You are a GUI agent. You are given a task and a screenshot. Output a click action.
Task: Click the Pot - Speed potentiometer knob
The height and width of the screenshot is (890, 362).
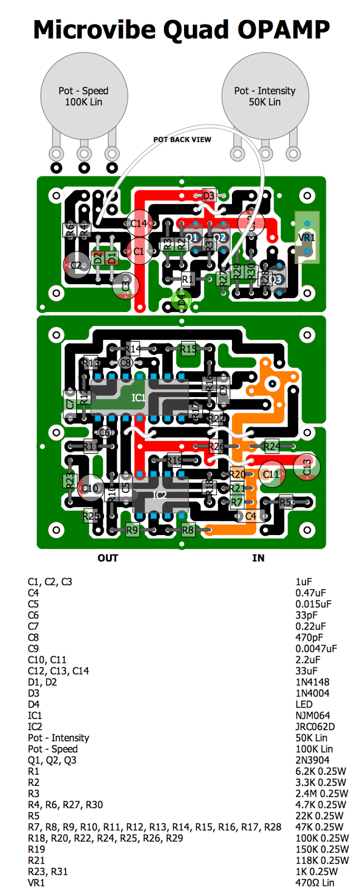(x=84, y=96)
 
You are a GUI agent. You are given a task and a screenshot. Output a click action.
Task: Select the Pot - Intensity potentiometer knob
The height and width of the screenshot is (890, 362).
(x=265, y=96)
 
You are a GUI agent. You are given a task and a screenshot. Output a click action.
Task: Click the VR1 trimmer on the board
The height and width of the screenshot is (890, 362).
(x=307, y=238)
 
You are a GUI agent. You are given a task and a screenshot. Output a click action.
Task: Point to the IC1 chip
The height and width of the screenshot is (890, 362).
(x=138, y=397)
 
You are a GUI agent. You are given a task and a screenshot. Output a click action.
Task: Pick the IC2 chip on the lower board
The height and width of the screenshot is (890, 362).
(x=160, y=495)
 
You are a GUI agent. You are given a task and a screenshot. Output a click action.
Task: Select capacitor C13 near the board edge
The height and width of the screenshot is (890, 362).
(x=307, y=466)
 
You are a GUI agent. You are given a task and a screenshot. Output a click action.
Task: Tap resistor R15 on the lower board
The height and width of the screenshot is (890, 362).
(x=188, y=349)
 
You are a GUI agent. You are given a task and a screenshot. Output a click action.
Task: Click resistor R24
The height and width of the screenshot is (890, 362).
(x=272, y=446)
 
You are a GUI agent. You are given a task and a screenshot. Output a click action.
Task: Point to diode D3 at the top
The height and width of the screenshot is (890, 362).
(x=208, y=195)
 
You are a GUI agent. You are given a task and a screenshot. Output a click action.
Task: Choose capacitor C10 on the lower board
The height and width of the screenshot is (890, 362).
(x=89, y=488)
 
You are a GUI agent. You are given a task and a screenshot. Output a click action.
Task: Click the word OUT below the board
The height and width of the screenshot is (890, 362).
(x=108, y=558)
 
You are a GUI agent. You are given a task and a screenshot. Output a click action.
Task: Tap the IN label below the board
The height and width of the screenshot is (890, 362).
(x=258, y=558)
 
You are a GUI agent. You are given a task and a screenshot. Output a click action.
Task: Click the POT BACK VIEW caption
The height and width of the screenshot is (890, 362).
(x=182, y=140)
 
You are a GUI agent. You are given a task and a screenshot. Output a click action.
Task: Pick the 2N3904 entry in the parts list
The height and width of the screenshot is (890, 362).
(x=313, y=760)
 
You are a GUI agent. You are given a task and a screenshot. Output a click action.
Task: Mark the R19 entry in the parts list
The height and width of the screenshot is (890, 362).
(x=36, y=849)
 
